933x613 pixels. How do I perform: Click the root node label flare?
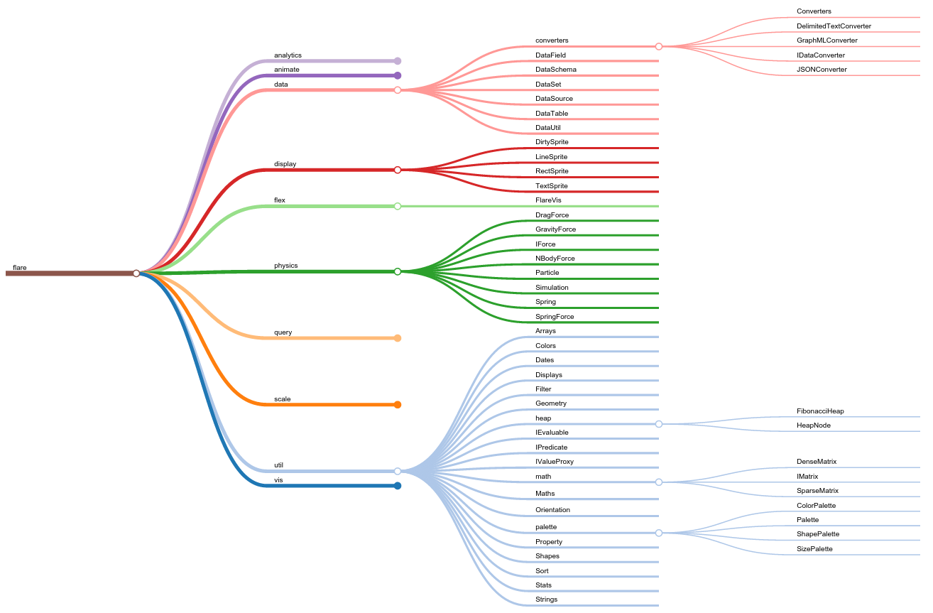point(20,268)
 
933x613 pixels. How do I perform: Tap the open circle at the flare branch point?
point(136,273)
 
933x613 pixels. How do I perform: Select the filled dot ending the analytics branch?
point(398,61)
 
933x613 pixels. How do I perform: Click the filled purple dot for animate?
point(398,75)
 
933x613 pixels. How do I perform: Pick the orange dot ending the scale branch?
point(398,405)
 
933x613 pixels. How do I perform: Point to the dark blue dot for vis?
point(398,486)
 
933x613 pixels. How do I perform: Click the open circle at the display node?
point(398,170)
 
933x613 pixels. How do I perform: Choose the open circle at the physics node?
point(398,271)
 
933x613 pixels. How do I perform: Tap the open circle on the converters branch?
point(659,46)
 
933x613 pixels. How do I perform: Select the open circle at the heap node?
point(659,424)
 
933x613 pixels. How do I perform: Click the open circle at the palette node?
point(659,533)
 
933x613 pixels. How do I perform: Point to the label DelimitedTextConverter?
point(834,26)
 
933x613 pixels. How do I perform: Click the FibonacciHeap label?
point(820,411)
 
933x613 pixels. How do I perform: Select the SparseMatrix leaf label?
point(817,491)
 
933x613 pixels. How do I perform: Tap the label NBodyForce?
point(555,259)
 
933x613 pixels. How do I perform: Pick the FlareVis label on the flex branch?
point(548,200)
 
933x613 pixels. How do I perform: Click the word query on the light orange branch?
point(283,332)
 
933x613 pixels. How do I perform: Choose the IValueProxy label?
point(555,462)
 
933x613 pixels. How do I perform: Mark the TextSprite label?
point(552,186)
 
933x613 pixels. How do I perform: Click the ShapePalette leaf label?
point(818,534)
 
